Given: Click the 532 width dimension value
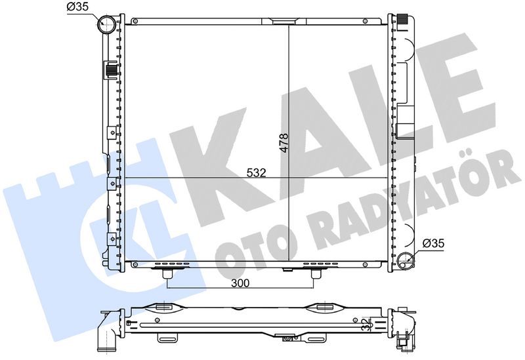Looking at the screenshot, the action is pos(256,172).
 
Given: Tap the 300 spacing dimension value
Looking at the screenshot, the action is pos(240,283).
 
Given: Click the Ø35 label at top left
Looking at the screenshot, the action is pos(77,7).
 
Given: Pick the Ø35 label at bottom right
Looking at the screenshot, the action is pos(433,243).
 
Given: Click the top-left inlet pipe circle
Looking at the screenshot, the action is pos(106,24).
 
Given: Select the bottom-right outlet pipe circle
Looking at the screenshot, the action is pos(405,260).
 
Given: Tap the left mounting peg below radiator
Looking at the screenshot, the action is pos(167,274).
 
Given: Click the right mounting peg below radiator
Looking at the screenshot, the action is pos(315,274).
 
